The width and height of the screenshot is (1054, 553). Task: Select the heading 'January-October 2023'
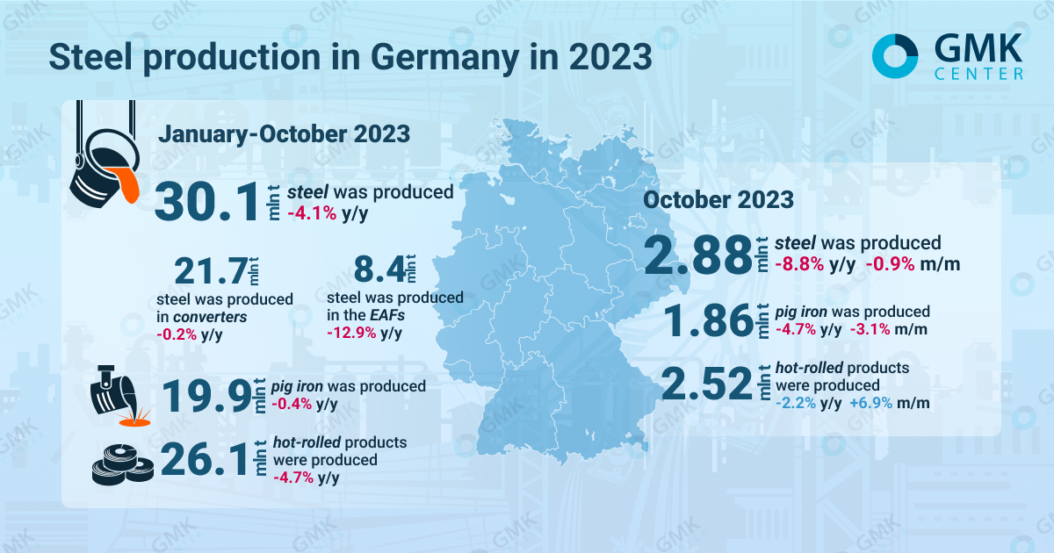pyautogui.click(x=284, y=134)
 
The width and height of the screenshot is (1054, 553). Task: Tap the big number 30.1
pyautogui.click(x=208, y=202)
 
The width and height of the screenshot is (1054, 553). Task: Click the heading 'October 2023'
pyautogui.click(x=718, y=199)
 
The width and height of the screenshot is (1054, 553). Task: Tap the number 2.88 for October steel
pyautogui.click(x=698, y=255)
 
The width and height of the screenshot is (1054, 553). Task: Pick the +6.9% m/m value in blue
pyautogui.click(x=888, y=403)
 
